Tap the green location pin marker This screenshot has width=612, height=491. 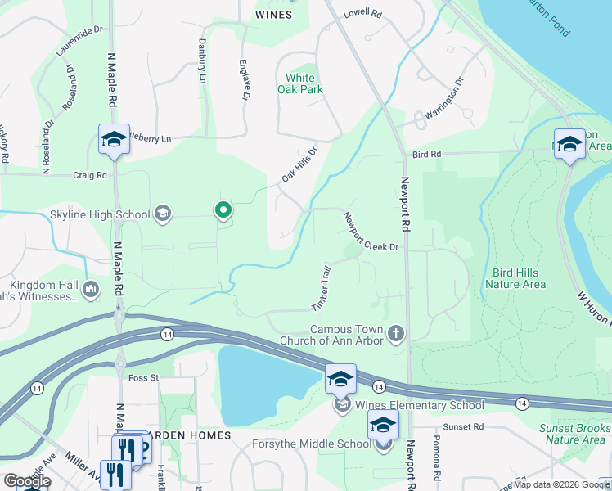223,211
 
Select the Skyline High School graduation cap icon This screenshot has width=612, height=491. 163,214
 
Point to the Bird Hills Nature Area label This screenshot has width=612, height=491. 515,278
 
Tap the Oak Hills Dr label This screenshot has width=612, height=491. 299,164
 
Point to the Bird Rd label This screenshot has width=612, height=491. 426,154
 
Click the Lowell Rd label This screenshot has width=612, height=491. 362,14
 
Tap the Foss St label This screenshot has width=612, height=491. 143,378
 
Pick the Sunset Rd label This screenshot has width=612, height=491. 464,426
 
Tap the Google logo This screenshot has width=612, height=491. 27,481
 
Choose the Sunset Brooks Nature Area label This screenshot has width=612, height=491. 574,434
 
